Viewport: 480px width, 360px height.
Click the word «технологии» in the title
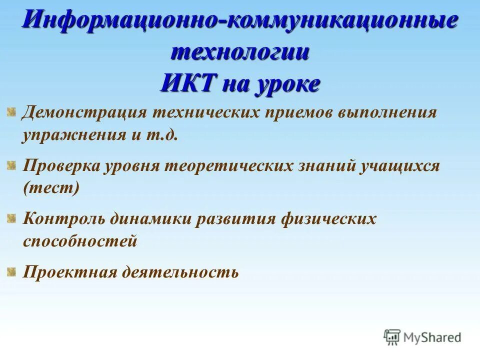[239, 52]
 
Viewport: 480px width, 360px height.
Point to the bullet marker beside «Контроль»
[11, 217]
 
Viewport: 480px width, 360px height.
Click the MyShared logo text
[433, 337]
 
